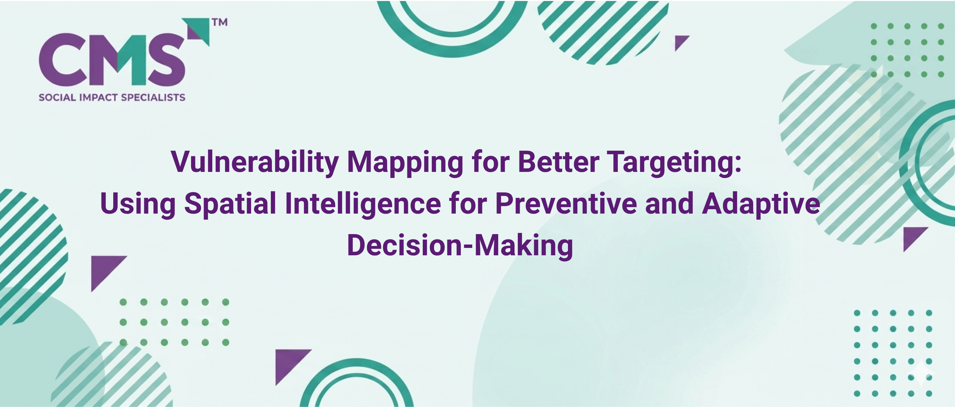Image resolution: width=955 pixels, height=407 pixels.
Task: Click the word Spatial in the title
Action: tap(230, 203)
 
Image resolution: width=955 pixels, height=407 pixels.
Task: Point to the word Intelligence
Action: tap(363, 204)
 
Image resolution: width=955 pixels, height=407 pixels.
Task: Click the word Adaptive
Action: tap(761, 204)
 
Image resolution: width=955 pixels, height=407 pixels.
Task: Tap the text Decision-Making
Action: tap(460, 245)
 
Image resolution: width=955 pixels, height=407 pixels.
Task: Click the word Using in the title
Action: tap(138, 204)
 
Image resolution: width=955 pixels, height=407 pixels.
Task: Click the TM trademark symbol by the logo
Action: tap(220, 22)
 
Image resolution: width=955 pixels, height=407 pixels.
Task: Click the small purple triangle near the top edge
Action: tap(680, 41)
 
